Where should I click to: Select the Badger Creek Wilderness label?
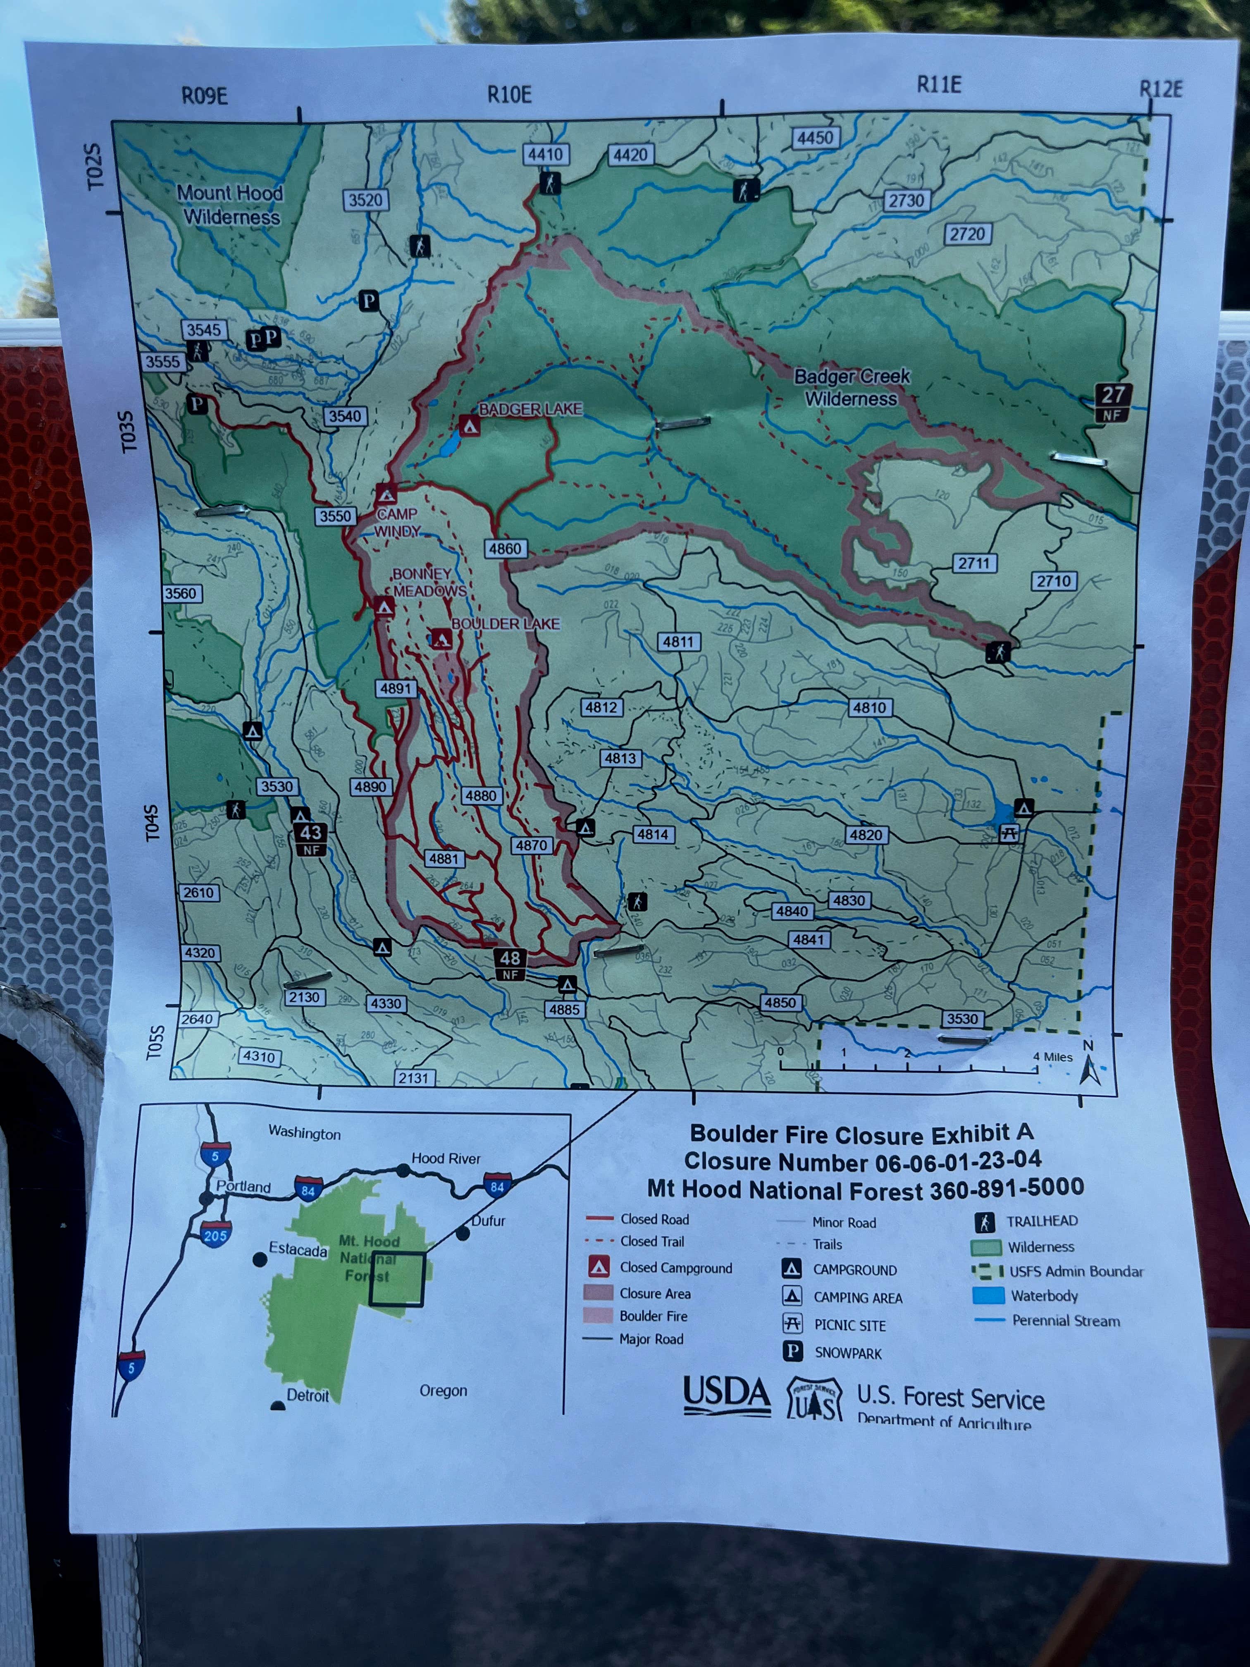[x=852, y=387]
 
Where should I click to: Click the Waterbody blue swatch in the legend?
[x=988, y=1295]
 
